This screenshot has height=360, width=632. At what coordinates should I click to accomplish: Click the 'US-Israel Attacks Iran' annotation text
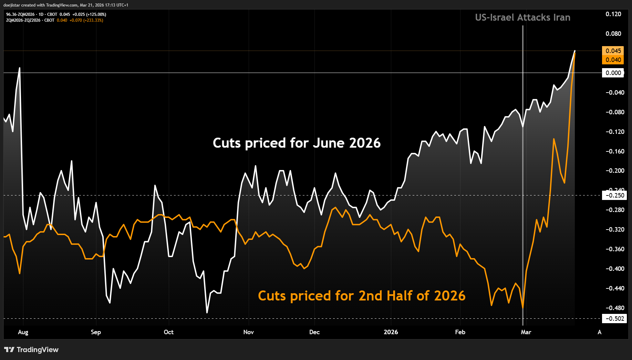[522, 18]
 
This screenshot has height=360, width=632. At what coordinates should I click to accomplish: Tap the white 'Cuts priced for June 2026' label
[297, 143]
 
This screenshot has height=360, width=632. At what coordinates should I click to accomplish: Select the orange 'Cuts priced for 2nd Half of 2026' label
[362, 296]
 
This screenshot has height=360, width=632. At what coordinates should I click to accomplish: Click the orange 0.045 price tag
[613, 51]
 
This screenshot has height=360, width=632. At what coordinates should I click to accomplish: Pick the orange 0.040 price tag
[613, 60]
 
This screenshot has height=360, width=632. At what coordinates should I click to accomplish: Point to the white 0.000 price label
[613, 73]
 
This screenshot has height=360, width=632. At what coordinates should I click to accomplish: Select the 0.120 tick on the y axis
[613, 14]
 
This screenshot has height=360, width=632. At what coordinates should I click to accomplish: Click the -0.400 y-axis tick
[615, 269]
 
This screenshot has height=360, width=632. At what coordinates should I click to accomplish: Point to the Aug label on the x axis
[23, 332]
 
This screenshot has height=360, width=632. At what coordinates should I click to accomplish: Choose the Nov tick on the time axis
[248, 332]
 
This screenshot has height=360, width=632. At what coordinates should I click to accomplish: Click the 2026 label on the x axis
[391, 332]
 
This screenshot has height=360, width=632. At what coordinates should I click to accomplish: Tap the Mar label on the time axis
[526, 332]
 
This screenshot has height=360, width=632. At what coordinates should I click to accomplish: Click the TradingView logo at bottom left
[31, 350]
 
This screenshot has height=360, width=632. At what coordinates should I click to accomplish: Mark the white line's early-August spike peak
[19, 68]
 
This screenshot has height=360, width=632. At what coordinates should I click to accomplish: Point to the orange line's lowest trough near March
[523, 307]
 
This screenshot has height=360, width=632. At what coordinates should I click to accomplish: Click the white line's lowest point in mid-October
[207, 313]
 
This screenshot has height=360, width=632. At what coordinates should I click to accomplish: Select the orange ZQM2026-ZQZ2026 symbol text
[23, 20]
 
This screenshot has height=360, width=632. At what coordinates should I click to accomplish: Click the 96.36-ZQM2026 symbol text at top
[20, 14]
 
